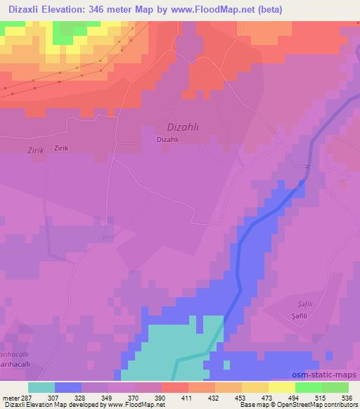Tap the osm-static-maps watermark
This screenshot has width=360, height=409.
[330, 375]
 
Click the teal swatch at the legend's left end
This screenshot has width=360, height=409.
[41, 387]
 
